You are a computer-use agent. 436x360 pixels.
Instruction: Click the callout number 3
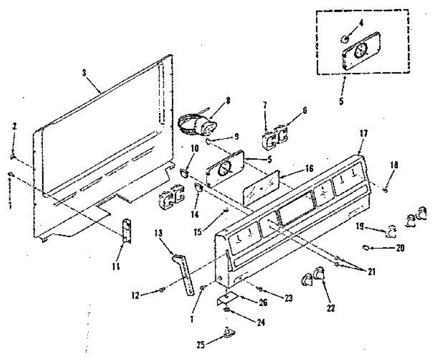pyautogui.click(x=84, y=72)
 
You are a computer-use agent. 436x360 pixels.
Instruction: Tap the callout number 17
pyautogui.click(x=364, y=133)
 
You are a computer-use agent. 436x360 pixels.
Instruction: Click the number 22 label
pyautogui.click(x=330, y=308)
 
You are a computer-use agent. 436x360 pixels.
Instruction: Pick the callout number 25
pyautogui.click(x=201, y=345)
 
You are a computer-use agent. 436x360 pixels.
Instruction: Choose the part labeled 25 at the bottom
pyautogui.click(x=228, y=333)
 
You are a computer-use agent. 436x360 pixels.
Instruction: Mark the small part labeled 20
pyautogui.click(x=366, y=247)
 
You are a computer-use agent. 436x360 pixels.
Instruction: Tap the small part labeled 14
pyautogui.click(x=198, y=189)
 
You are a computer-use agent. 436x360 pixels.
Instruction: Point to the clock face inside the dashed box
pyautogui.click(x=362, y=51)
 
